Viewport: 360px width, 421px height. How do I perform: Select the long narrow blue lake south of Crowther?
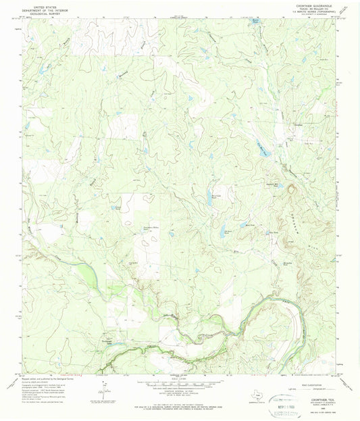tap(263, 150)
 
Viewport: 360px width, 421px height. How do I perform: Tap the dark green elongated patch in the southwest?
tap(86, 274)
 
